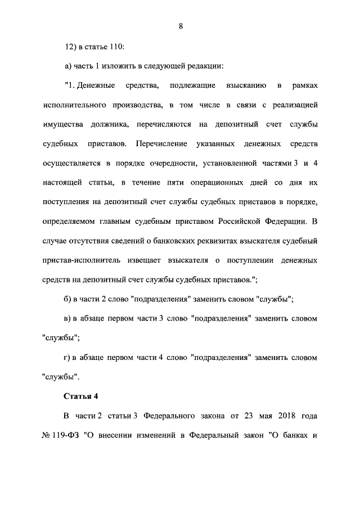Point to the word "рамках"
click(305, 85)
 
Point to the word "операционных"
click(214, 183)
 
